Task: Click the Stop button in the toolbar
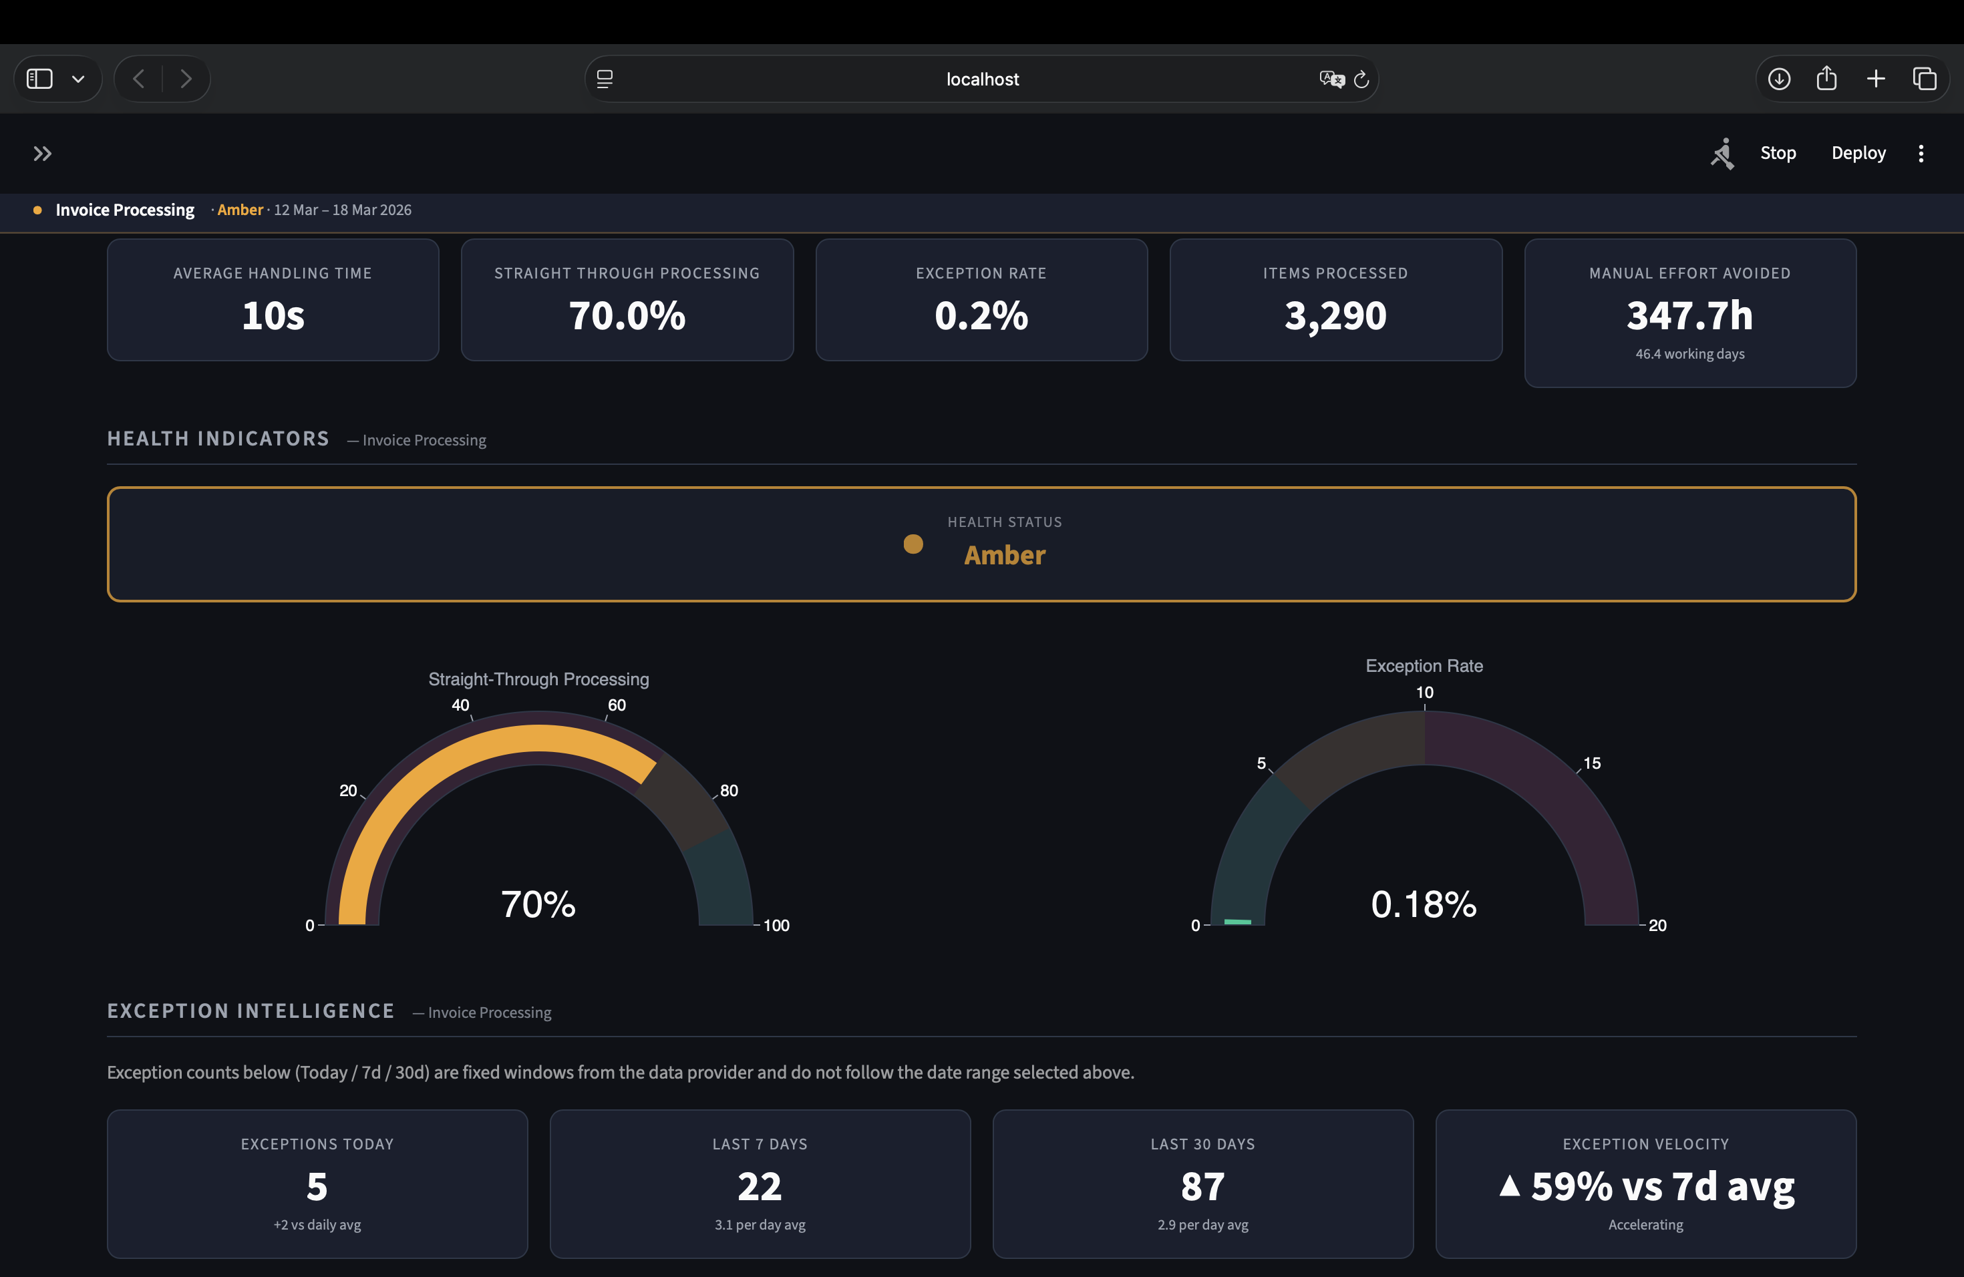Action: (x=1778, y=153)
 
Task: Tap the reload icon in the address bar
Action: (x=1361, y=79)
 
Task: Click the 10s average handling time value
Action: (x=273, y=315)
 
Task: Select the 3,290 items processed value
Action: (x=1335, y=315)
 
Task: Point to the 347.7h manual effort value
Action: (x=1689, y=315)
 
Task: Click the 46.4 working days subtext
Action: (x=1689, y=354)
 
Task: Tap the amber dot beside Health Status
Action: (x=913, y=544)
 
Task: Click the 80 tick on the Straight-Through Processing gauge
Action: (x=729, y=790)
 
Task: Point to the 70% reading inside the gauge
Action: (x=538, y=904)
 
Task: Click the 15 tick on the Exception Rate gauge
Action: (x=1592, y=763)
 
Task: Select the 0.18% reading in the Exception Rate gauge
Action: (x=1424, y=904)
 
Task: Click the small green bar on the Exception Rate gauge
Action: (x=1237, y=922)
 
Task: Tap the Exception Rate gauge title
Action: (x=1424, y=666)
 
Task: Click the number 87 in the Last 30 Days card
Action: (x=1202, y=1186)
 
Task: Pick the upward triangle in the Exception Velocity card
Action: (x=1509, y=1185)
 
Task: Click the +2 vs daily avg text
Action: (x=317, y=1224)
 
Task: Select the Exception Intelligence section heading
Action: (x=251, y=1011)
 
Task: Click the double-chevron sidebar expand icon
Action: (x=42, y=154)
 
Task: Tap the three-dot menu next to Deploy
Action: (x=1921, y=154)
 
